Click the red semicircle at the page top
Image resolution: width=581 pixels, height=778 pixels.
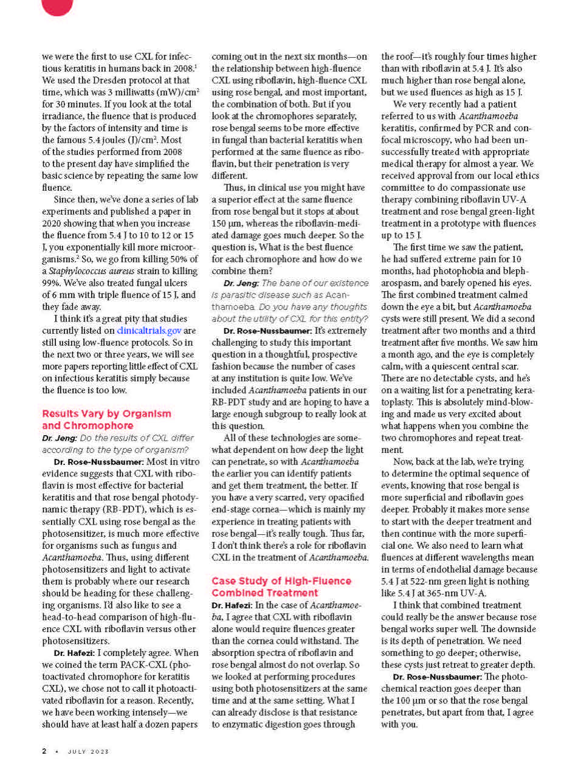[57, 5]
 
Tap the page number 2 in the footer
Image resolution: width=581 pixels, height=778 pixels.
[44, 751]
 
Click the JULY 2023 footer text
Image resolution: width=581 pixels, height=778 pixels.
[88, 752]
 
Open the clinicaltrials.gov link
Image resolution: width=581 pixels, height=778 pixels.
[149, 331]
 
